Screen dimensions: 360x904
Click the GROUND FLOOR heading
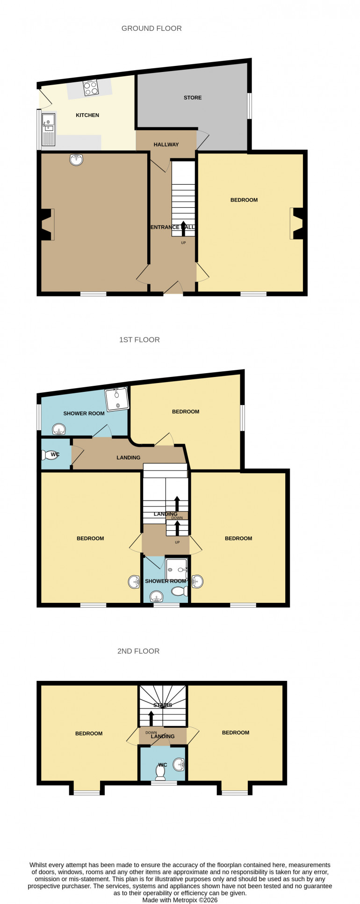click(151, 29)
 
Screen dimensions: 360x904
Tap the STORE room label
click(193, 98)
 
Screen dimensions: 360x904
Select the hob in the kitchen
click(91, 88)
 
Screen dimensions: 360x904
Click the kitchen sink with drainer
click(48, 129)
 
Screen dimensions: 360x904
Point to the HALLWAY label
click(166, 145)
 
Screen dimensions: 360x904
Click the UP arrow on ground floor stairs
click(183, 228)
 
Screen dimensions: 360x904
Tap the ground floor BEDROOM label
click(244, 200)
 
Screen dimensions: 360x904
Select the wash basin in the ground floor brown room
click(77, 160)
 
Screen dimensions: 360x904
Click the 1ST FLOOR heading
click(139, 340)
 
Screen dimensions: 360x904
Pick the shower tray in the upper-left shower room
click(116, 399)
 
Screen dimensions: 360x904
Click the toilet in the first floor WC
click(50, 455)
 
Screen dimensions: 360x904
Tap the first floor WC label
click(55, 454)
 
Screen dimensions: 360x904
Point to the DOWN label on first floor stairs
click(177, 518)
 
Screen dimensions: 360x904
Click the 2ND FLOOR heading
click(138, 651)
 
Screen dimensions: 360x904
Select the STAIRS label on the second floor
click(163, 705)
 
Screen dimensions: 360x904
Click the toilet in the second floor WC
click(161, 774)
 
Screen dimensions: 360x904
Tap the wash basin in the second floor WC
click(179, 764)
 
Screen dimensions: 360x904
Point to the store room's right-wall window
click(250, 106)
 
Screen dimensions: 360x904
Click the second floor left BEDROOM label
click(89, 733)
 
